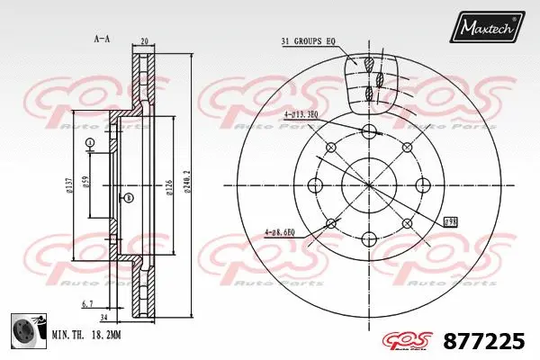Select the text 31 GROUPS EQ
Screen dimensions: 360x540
(308, 41)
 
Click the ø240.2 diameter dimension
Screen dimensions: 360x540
(186, 184)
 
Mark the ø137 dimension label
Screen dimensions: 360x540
(68, 186)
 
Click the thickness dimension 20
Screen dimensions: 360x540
(145, 40)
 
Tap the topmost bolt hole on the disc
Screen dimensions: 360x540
(369, 131)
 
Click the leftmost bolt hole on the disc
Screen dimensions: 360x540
(315, 185)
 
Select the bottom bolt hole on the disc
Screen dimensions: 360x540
(369, 239)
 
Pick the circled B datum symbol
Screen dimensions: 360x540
(129, 197)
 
